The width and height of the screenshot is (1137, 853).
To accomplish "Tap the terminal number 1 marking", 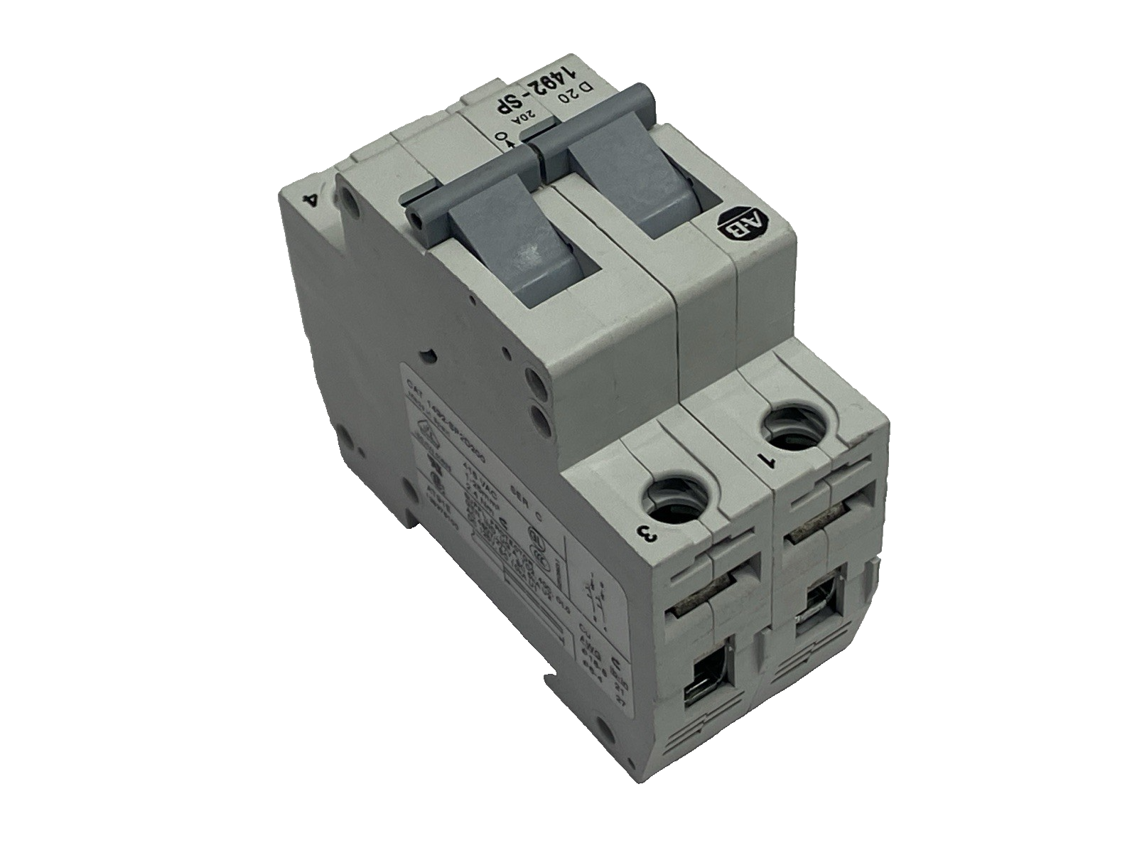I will (x=765, y=461).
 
